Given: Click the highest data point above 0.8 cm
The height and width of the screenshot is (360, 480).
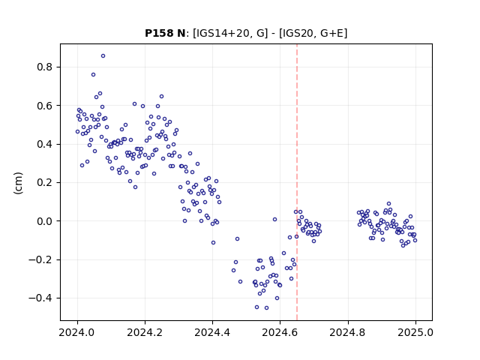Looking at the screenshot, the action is (x=103, y=56).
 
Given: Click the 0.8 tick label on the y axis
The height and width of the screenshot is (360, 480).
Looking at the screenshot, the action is (x=44, y=67).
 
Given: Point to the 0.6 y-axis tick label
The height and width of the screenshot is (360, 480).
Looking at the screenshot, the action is (x=44, y=106).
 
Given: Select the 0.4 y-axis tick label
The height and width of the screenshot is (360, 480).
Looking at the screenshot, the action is (x=44, y=144).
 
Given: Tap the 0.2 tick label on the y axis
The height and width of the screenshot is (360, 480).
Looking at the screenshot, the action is (x=44, y=183).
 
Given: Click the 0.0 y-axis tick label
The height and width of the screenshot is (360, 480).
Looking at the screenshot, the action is (x=44, y=221).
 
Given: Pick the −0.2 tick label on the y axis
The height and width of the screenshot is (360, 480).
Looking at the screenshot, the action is (x=40, y=259).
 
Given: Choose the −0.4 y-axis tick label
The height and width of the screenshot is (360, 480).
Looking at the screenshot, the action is (x=40, y=298).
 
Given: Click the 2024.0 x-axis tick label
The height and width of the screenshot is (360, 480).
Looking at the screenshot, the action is (x=77, y=332).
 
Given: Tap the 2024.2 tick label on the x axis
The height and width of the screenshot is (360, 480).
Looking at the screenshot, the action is (x=145, y=332).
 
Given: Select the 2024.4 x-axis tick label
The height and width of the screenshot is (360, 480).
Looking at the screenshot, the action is (x=212, y=332).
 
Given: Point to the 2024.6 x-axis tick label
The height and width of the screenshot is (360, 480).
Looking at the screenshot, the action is (x=280, y=332).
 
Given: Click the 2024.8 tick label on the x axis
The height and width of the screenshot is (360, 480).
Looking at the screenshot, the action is (x=348, y=332).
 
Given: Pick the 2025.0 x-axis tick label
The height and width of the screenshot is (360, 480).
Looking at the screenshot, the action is (x=415, y=332).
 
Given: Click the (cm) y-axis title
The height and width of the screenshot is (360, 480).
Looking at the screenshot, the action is (x=18, y=183).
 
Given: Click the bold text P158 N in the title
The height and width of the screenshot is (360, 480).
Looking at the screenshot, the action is (x=165, y=33).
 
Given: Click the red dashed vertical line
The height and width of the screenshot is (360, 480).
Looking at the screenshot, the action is (x=297, y=182).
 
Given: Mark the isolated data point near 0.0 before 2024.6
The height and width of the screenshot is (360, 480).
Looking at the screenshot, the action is (x=275, y=220).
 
